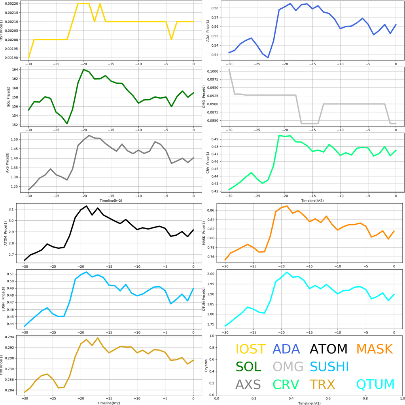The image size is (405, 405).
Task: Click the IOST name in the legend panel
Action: click(x=250, y=349)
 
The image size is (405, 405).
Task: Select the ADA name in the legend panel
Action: click(x=288, y=349)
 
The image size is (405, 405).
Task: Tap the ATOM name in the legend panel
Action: click(x=328, y=349)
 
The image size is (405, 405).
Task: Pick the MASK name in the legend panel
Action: click(x=374, y=349)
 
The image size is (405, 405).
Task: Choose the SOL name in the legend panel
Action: click(x=248, y=367)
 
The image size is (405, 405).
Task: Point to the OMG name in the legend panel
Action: click(x=288, y=367)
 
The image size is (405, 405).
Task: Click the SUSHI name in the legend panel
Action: click(x=329, y=367)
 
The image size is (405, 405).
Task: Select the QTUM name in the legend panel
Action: click(x=375, y=384)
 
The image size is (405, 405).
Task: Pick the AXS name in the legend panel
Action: click(x=248, y=384)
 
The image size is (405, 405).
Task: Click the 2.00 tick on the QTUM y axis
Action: click(x=218, y=274)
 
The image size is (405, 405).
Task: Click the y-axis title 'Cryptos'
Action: click(x=205, y=365)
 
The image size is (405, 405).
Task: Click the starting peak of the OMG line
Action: click(x=229, y=69)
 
